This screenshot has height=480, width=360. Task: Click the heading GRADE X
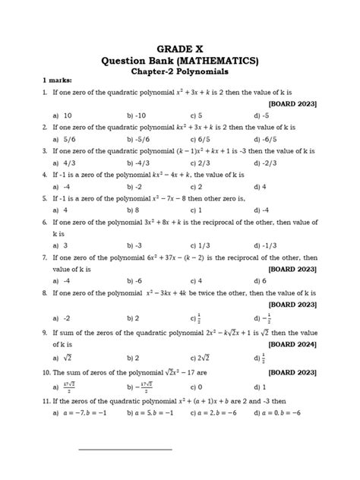pyautogui.click(x=181, y=46)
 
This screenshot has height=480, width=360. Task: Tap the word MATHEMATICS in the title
pyautogui.click(x=215, y=60)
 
